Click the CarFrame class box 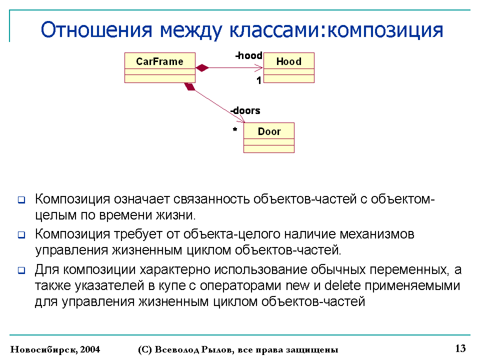(160, 67)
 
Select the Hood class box (289, 67)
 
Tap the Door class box (269, 138)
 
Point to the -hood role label (249, 55)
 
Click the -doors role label (245, 110)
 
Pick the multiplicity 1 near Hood (259, 80)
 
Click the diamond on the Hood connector (202, 67)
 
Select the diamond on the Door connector (189, 86)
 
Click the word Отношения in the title (96, 30)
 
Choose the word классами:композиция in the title (336, 30)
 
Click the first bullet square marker (21, 200)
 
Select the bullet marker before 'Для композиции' (21, 270)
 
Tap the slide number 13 (460, 348)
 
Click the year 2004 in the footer (90, 349)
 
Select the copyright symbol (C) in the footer (145, 349)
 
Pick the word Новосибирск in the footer (44, 349)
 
